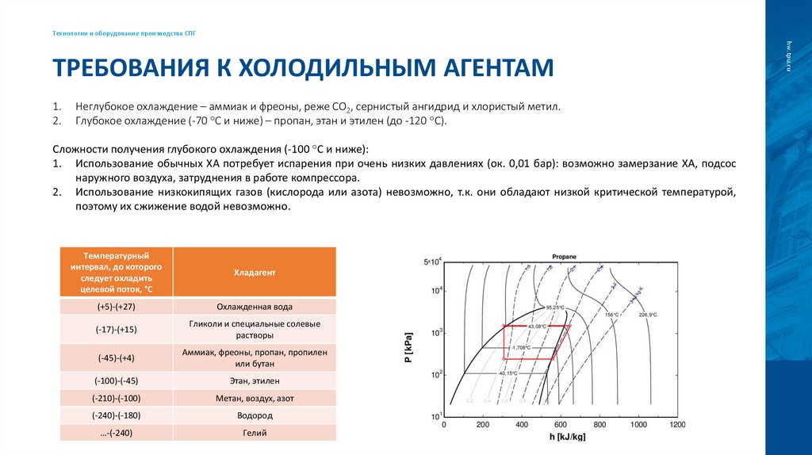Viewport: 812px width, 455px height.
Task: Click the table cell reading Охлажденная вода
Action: click(255, 306)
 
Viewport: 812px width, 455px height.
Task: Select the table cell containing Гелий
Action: click(255, 433)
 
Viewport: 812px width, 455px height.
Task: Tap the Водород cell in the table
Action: click(255, 415)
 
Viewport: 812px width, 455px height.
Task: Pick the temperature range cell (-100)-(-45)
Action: click(116, 380)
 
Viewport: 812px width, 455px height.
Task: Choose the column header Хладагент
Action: click(255, 272)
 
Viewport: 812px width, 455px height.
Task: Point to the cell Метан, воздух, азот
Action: click(255, 398)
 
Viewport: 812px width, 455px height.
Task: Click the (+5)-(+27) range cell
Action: click(116, 306)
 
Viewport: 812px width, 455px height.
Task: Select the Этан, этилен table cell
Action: click(255, 380)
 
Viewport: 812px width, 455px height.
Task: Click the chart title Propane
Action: click(564, 257)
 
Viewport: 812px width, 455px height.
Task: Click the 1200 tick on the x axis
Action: click(676, 426)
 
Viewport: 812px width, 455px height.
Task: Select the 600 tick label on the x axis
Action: click(561, 426)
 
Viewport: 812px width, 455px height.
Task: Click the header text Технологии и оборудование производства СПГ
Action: click(124, 33)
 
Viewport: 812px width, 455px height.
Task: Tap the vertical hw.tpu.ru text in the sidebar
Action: click(789, 55)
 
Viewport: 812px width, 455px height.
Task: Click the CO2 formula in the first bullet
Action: click(342, 106)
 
